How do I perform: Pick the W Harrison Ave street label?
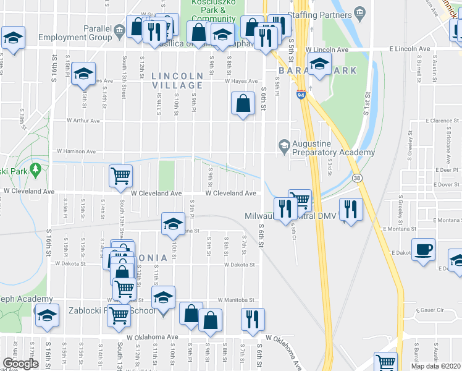click(x=77, y=151)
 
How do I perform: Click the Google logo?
click(x=20, y=364)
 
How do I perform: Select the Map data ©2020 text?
click(x=435, y=366)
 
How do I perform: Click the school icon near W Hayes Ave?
click(x=83, y=74)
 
